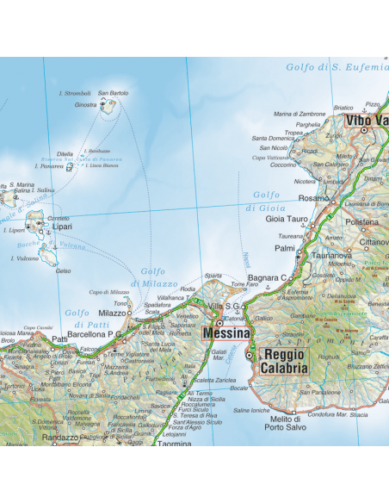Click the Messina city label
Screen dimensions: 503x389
pyautogui.click(x=225, y=332)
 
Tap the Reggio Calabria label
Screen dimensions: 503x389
pyautogui.click(x=285, y=361)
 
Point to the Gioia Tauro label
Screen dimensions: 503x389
pyautogui.click(x=287, y=220)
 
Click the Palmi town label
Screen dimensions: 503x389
pyautogui.click(x=285, y=248)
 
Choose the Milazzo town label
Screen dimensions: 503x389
pyautogui.click(x=112, y=313)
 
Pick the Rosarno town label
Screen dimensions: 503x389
pyautogui.click(x=314, y=198)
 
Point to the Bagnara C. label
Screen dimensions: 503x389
pyautogui.click(x=266, y=277)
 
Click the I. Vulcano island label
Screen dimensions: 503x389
pyautogui.click(x=24, y=258)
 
